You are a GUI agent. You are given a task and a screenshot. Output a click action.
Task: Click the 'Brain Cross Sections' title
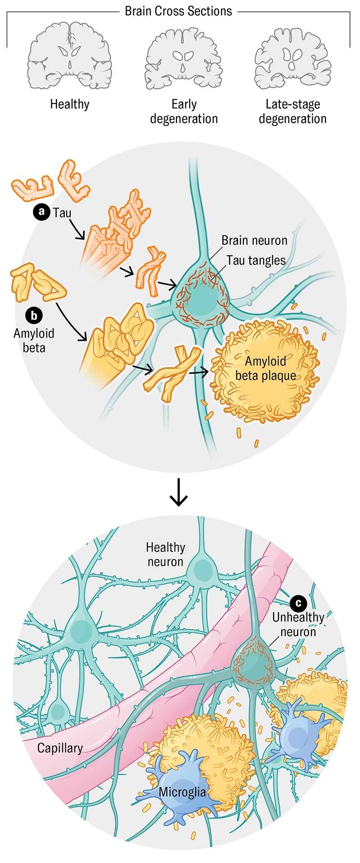(x=178, y=11)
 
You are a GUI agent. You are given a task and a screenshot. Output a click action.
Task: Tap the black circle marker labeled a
(x=42, y=212)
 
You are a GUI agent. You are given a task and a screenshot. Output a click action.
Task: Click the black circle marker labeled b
(x=34, y=315)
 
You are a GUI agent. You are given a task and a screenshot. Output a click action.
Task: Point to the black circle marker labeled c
(x=298, y=602)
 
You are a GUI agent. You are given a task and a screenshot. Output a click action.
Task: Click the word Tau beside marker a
(x=62, y=212)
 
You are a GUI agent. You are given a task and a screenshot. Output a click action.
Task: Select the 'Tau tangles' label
(x=256, y=260)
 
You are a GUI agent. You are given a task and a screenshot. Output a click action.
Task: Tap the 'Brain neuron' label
(x=254, y=240)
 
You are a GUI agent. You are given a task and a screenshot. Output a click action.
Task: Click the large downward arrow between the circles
(x=179, y=492)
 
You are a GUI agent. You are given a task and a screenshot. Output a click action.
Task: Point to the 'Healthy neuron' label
(x=165, y=554)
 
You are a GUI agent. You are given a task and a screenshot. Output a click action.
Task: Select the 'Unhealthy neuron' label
(x=298, y=625)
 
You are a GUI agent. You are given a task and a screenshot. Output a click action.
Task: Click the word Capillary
(x=60, y=748)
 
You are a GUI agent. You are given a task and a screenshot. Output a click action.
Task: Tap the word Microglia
(x=182, y=792)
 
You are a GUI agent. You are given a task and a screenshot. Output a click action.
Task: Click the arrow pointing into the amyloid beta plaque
(x=199, y=372)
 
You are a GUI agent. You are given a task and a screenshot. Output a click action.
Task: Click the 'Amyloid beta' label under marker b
(x=34, y=340)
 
